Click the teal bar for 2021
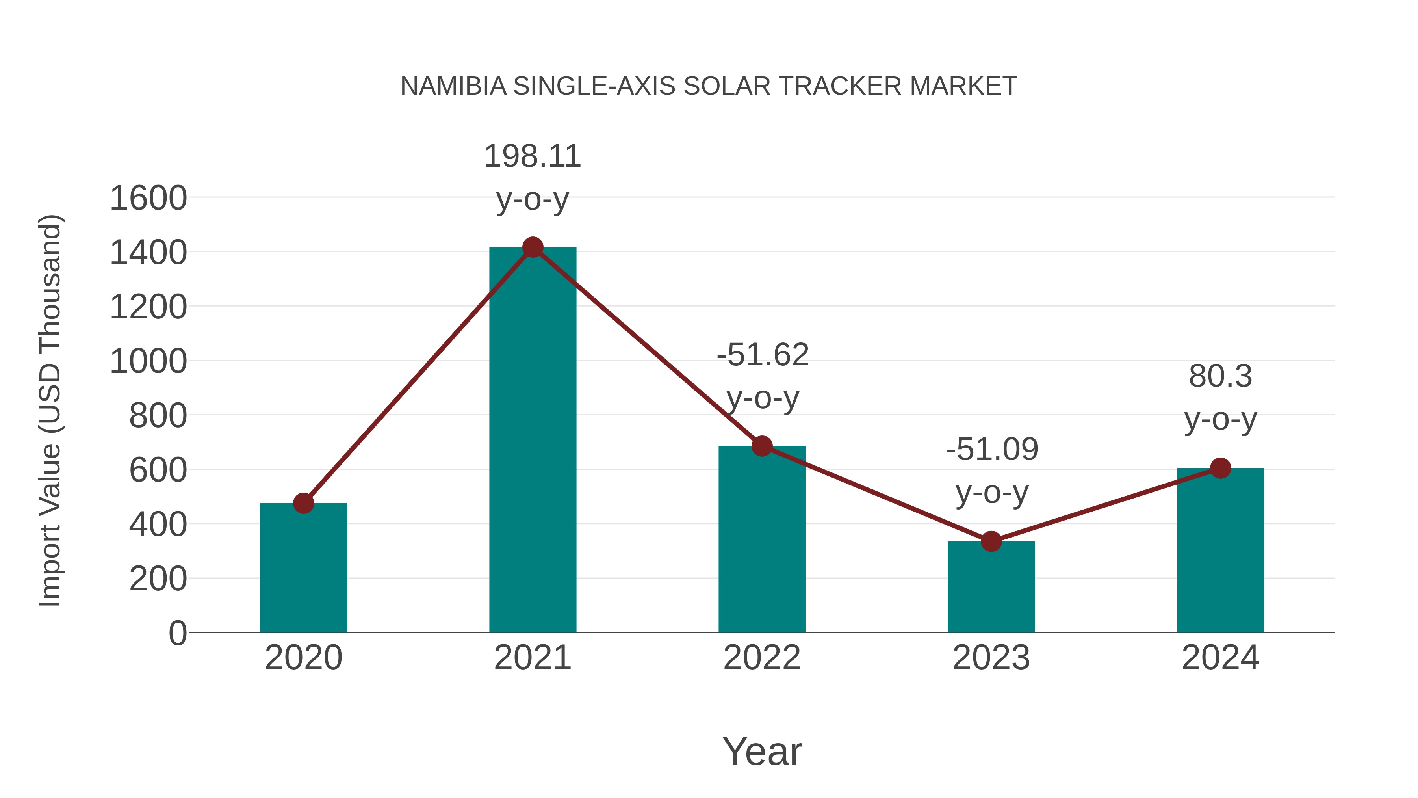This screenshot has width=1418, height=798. (532, 441)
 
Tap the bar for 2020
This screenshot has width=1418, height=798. (303, 567)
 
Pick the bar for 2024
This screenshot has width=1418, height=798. (1220, 551)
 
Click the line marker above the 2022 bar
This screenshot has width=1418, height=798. (762, 446)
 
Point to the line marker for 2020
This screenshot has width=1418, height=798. (303, 503)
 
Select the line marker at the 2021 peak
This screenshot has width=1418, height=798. (532, 247)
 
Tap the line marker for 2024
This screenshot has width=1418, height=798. (1220, 468)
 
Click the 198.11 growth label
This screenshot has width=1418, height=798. (532, 156)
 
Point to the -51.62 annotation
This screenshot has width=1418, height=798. (763, 355)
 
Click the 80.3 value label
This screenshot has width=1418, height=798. (1220, 377)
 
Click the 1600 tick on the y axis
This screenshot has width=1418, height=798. (148, 198)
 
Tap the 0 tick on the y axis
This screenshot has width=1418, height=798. (177, 633)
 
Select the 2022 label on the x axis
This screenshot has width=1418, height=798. (762, 658)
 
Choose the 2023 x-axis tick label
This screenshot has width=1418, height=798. (991, 658)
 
